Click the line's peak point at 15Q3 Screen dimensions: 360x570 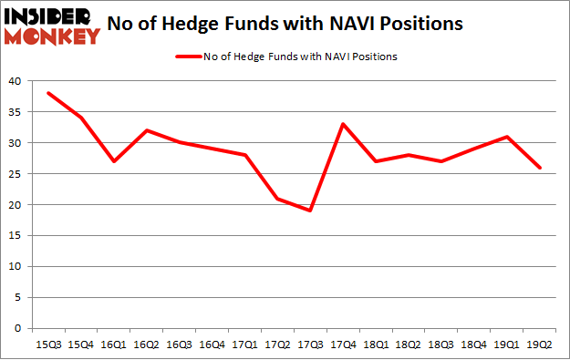48,93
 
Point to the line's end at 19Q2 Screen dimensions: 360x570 540,168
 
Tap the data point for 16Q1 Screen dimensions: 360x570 114,161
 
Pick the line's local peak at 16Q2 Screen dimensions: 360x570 147,130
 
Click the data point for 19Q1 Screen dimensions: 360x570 507,137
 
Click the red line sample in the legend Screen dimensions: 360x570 187,57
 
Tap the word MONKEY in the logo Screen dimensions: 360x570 51,36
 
